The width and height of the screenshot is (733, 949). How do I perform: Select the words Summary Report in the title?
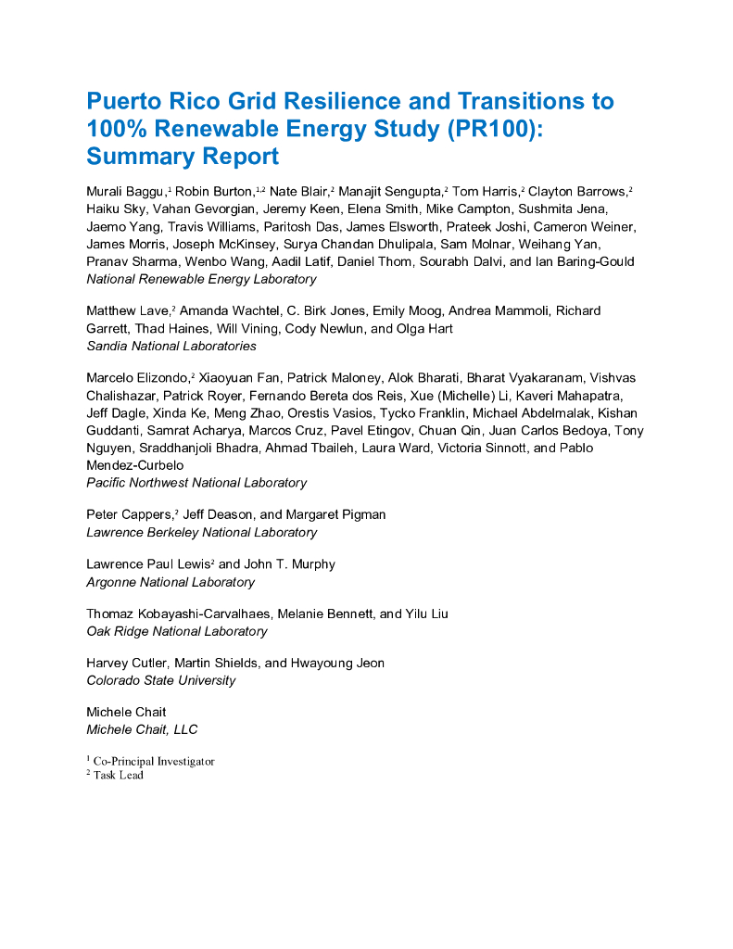pyautogui.click(x=183, y=156)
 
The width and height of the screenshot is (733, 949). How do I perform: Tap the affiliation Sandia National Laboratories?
pyautogui.click(x=171, y=346)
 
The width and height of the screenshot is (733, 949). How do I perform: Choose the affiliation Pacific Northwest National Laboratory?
pyautogui.click(x=196, y=483)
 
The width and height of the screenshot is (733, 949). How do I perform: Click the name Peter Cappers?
pyautogui.click(x=129, y=514)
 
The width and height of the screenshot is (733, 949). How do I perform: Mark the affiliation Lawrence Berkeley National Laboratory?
pyautogui.click(x=201, y=533)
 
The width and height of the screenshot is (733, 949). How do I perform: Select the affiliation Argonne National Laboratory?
pyautogui.click(x=171, y=582)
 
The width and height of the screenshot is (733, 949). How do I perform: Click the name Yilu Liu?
pyautogui.click(x=427, y=614)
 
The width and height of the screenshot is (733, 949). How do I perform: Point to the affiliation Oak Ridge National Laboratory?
pyautogui.click(x=176, y=631)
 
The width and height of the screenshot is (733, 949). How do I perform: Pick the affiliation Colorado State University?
pyautogui.click(x=160, y=680)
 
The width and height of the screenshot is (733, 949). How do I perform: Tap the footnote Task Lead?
pyautogui.click(x=118, y=776)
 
